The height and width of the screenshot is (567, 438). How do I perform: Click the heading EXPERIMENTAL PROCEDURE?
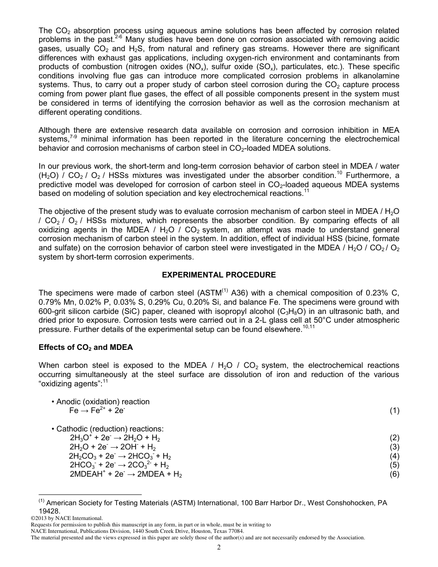(x=219, y=275)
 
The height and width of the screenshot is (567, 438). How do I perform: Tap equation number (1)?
(x=394, y=410)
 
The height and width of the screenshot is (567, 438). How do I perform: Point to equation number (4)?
(x=394, y=456)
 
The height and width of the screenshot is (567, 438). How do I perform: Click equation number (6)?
(x=394, y=474)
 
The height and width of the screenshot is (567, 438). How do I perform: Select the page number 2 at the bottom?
(x=219, y=547)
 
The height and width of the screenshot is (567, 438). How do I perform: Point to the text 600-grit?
(x=53, y=311)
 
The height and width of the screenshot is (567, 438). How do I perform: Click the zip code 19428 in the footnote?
(x=49, y=511)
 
